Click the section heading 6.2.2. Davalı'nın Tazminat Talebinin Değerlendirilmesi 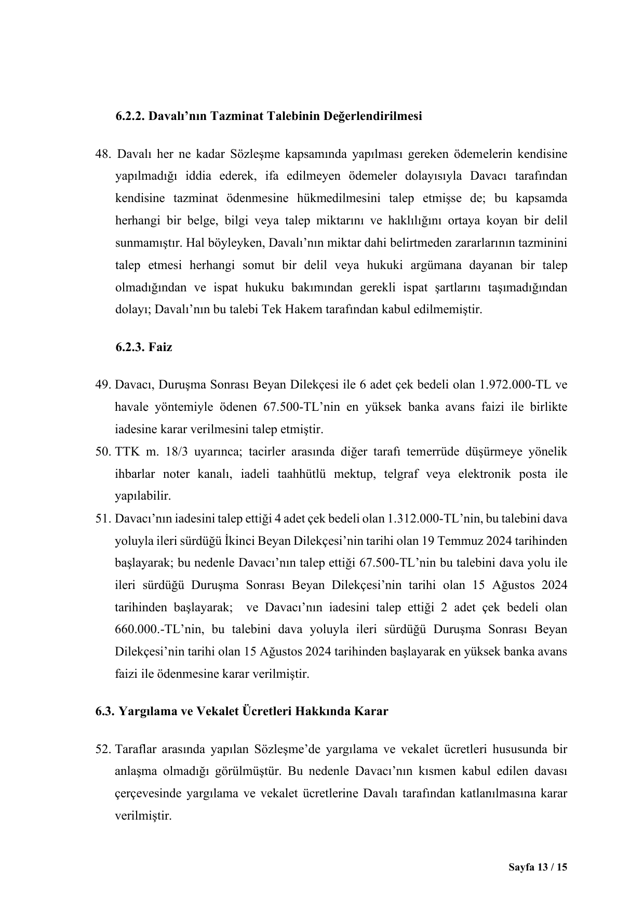click(269, 116)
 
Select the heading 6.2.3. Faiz click(144, 347)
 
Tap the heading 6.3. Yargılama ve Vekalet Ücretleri click(242, 711)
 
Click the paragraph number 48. click(103, 154)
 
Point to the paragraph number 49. click(103, 385)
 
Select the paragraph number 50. click(103, 452)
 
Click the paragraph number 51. click(103, 519)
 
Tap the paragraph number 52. click(103, 749)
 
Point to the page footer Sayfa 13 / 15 click(538, 867)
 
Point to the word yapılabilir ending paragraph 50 click(142, 496)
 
